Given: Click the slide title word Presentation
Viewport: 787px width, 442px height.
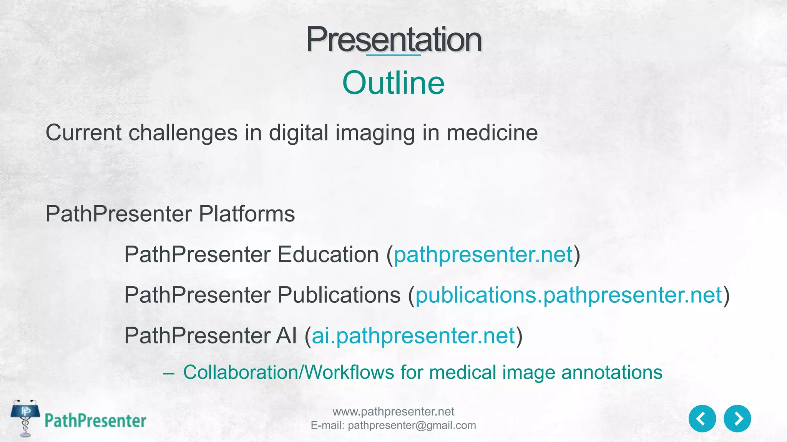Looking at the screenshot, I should (393, 40).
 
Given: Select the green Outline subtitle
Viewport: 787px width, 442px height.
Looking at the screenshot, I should (393, 83).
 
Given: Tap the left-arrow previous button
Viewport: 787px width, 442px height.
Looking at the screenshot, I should (702, 419).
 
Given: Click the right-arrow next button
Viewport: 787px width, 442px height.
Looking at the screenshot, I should (737, 419).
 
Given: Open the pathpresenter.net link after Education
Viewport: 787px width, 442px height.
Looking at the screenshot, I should (483, 255).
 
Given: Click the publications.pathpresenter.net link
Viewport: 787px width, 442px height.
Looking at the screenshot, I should (568, 295).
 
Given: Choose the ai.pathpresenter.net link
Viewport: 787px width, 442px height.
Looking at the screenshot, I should (413, 336).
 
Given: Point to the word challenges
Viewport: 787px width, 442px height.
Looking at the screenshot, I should (183, 133).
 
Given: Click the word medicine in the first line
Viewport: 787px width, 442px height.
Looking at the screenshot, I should (492, 133).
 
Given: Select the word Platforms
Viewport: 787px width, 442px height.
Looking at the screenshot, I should (247, 214).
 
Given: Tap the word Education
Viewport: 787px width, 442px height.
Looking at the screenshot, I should (328, 255).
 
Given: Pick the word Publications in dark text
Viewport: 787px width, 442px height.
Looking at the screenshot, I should (339, 295).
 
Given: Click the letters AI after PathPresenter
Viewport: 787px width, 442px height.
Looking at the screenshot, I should (286, 336).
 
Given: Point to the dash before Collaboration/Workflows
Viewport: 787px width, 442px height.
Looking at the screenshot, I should (169, 373).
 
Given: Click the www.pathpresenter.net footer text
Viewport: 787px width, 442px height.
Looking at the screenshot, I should (393, 412).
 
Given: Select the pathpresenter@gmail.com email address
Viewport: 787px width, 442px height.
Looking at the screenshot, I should (412, 426).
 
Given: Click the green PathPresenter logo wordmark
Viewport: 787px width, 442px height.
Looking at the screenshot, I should (95, 421).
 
